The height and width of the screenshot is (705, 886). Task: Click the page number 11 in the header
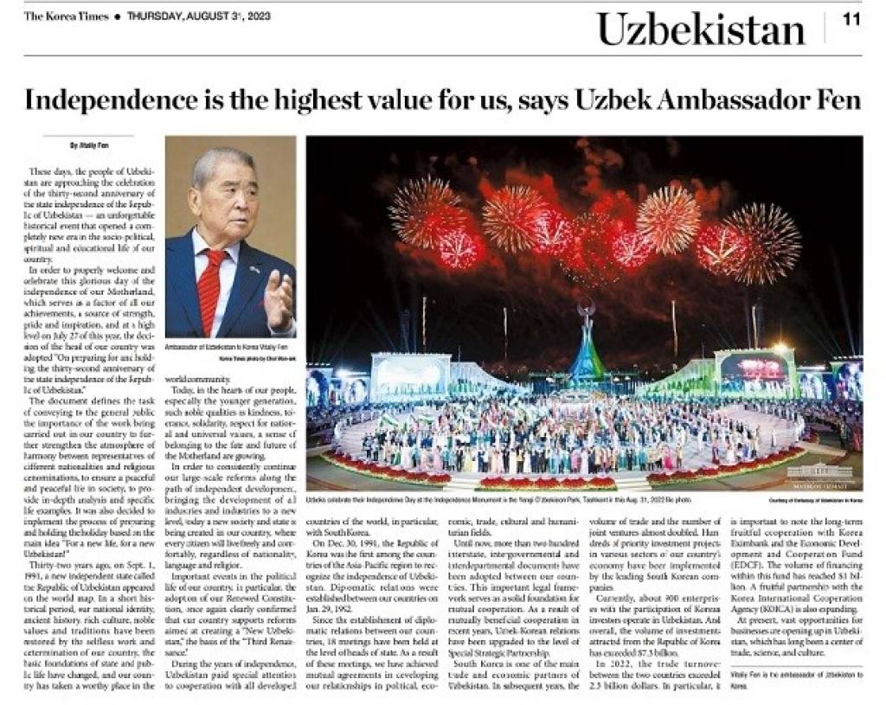(x=851, y=20)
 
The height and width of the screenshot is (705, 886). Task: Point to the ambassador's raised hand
(x=279, y=298)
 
